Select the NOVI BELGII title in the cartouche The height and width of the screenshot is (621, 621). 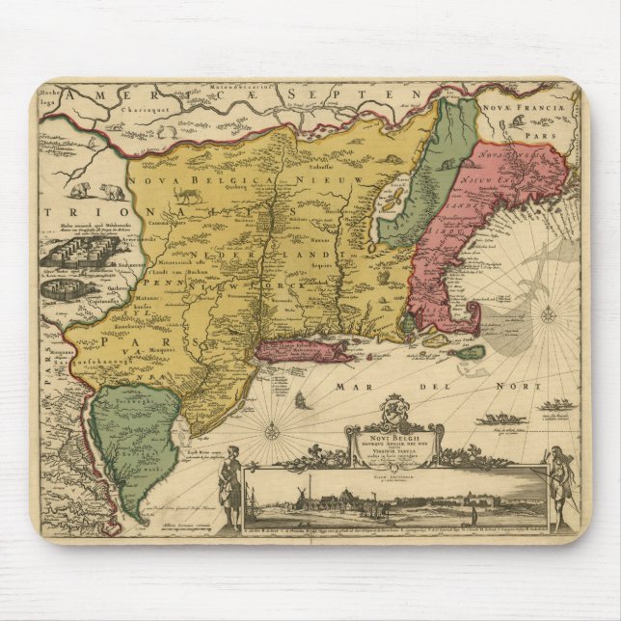pos(387,436)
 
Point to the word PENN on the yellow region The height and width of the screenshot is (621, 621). pos(162,286)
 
